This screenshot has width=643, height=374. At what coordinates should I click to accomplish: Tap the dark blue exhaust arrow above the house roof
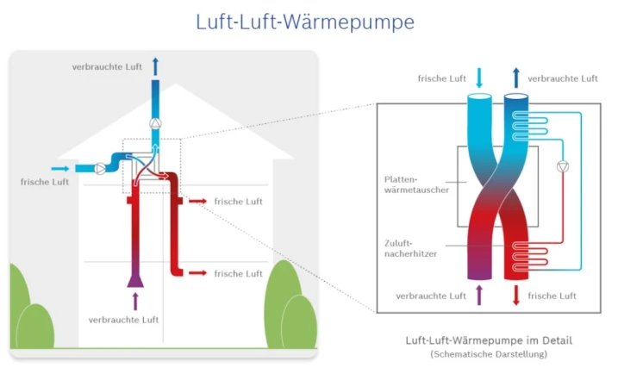pyautogui.click(x=155, y=66)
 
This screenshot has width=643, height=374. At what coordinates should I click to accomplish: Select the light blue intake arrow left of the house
pyautogui.click(x=59, y=168)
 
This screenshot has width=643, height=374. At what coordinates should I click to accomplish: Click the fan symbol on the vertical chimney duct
pyautogui.click(x=155, y=122)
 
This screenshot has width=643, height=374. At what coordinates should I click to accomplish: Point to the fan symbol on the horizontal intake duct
pyautogui.click(x=102, y=167)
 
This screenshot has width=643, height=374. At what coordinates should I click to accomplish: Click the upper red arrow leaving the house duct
pyautogui.click(x=198, y=201)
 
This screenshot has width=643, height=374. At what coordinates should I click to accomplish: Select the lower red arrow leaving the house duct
pyautogui.click(x=198, y=273)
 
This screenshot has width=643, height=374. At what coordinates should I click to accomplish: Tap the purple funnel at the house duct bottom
pyautogui.click(x=134, y=277)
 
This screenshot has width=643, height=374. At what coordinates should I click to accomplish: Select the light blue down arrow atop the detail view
pyautogui.click(x=480, y=78)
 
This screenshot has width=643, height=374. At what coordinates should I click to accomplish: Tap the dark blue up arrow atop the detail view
pyautogui.click(x=516, y=78)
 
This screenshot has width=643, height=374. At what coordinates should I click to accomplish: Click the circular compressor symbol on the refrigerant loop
pyautogui.click(x=563, y=167)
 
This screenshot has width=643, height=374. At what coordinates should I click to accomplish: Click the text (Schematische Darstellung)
pyautogui.click(x=488, y=354)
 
